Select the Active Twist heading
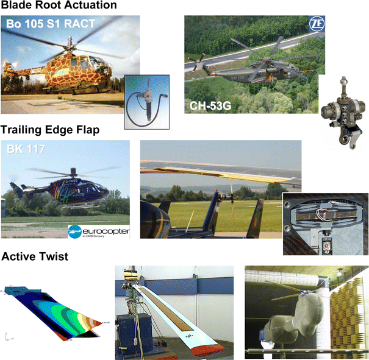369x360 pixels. click(x=35, y=257)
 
